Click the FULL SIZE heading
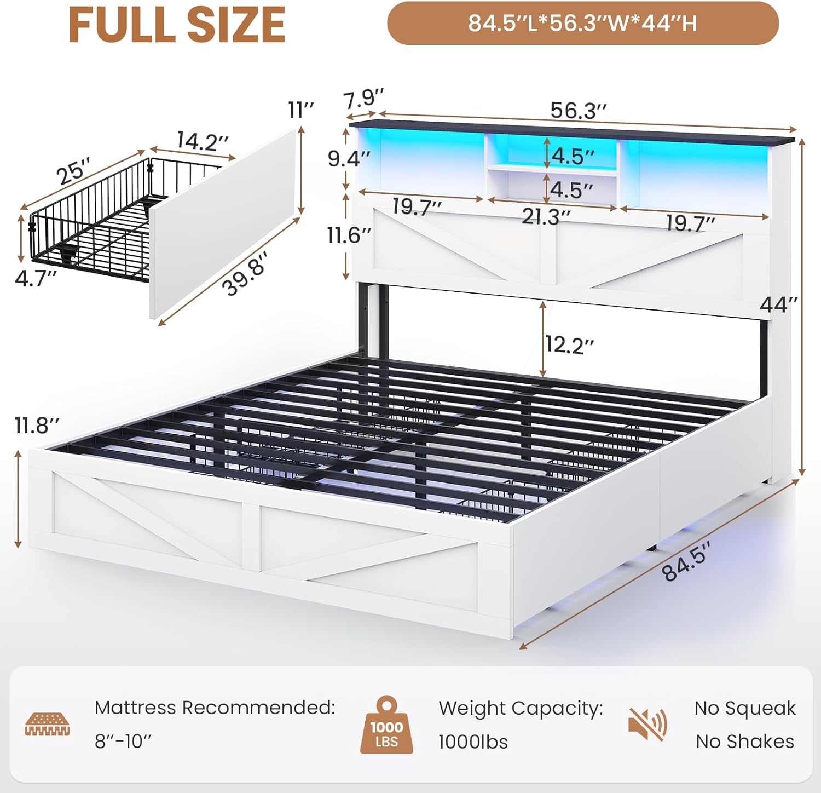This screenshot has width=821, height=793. pyautogui.click(x=177, y=25)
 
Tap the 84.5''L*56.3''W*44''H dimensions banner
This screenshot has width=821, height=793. pyautogui.click(x=582, y=24)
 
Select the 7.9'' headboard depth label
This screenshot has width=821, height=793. pyautogui.click(x=363, y=99)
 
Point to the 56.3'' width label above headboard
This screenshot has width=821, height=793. pyautogui.click(x=578, y=111)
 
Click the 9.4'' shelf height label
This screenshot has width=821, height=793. pyautogui.click(x=349, y=159)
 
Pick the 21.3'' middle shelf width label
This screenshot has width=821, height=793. pyautogui.click(x=546, y=217)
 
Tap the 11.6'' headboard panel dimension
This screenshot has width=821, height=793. pyautogui.click(x=349, y=235)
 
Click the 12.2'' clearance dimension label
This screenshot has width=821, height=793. pyautogui.click(x=569, y=345)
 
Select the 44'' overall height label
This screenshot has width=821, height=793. pyautogui.click(x=778, y=304)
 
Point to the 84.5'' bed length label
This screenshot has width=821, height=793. pyautogui.click(x=686, y=560)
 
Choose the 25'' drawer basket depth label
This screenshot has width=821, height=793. pyautogui.click(x=73, y=171)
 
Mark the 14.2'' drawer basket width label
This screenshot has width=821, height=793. pyautogui.click(x=202, y=141)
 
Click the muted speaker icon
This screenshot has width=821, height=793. pyautogui.click(x=647, y=724)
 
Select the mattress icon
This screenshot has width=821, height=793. pyautogui.click(x=48, y=724)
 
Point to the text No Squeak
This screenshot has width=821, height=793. pyautogui.click(x=744, y=708)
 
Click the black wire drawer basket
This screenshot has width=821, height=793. pyautogui.click(x=88, y=230)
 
